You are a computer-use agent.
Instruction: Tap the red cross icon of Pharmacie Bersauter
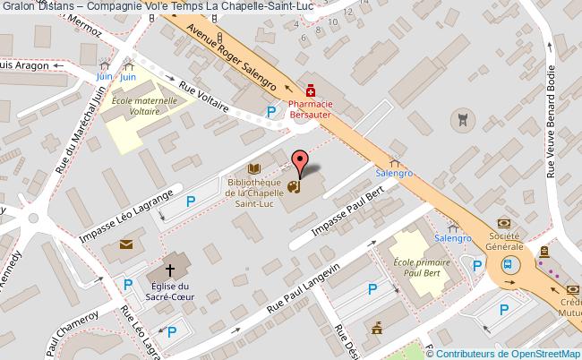click(311, 90)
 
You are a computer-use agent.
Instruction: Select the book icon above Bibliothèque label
click(255, 168)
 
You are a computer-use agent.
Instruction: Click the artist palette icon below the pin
click(295, 188)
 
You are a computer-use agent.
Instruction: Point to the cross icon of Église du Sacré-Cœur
click(169, 270)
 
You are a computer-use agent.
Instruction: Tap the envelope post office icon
click(124, 244)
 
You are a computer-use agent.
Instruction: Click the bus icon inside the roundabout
click(509, 264)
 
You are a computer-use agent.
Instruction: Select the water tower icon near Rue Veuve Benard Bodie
click(462, 117)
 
